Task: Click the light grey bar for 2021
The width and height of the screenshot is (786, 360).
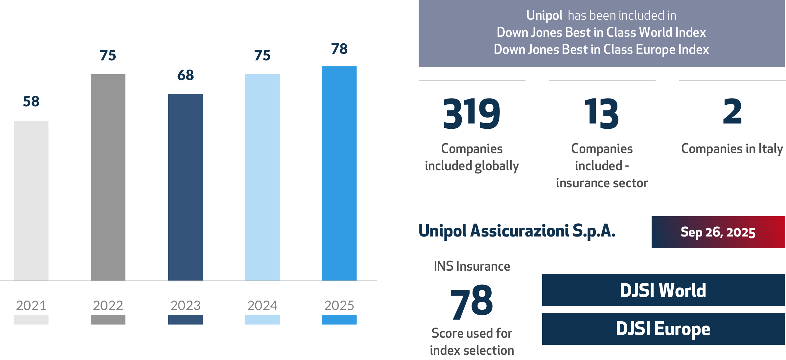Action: point(31,201)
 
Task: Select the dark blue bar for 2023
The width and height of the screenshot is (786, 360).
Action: point(186,187)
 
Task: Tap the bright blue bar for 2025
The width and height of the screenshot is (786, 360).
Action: point(339,173)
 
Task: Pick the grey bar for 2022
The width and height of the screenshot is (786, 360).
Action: point(108,177)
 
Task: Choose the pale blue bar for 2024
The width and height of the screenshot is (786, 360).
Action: point(263,177)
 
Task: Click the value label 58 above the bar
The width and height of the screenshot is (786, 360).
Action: point(31,101)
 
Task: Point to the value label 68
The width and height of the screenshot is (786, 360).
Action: point(186,75)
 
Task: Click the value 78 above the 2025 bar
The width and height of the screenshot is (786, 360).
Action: point(339,49)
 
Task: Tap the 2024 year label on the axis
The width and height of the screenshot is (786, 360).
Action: point(263,305)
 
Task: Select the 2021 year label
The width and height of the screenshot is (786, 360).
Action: point(31,305)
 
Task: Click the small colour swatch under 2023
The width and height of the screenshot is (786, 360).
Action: point(186,320)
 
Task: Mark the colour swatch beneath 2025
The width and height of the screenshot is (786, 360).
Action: point(339,320)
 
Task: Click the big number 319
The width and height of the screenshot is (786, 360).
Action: point(472,114)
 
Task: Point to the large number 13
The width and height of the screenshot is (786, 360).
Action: point(602,114)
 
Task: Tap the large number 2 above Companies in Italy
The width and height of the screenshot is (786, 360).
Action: point(732,112)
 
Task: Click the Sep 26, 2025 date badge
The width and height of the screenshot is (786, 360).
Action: point(718,232)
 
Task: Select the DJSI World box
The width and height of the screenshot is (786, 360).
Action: point(663,290)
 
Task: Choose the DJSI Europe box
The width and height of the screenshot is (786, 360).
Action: point(663,329)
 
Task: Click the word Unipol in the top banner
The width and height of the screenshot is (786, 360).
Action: point(544,15)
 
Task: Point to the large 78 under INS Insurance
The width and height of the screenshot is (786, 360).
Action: point(472,302)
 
